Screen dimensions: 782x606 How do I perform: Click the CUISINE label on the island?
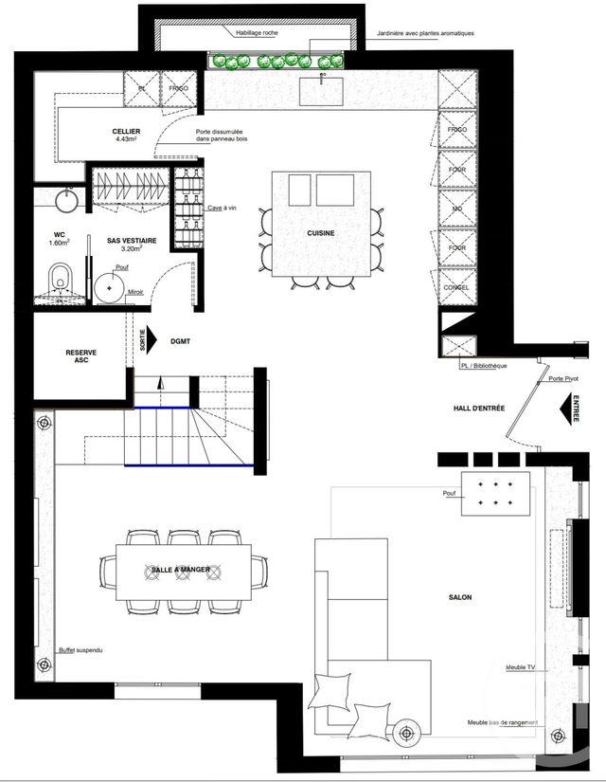pyautogui.click(x=321, y=233)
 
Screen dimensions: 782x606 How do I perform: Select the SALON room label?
pyautogui.click(x=460, y=597)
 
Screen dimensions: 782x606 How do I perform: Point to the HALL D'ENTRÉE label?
pyautogui.click(x=478, y=409)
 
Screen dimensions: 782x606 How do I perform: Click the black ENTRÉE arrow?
pyautogui.click(x=572, y=409)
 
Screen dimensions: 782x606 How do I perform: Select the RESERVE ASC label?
pyautogui.click(x=80, y=357)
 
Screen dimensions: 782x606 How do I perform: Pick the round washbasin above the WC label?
pyautogui.click(x=65, y=200)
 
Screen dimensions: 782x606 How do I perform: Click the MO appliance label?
pyautogui.click(x=457, y=209)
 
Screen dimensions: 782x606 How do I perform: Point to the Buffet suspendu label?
pyautogui.click(x=80, y=651)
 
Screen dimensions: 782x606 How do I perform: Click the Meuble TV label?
pyautogui.click(x=521, y=667)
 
